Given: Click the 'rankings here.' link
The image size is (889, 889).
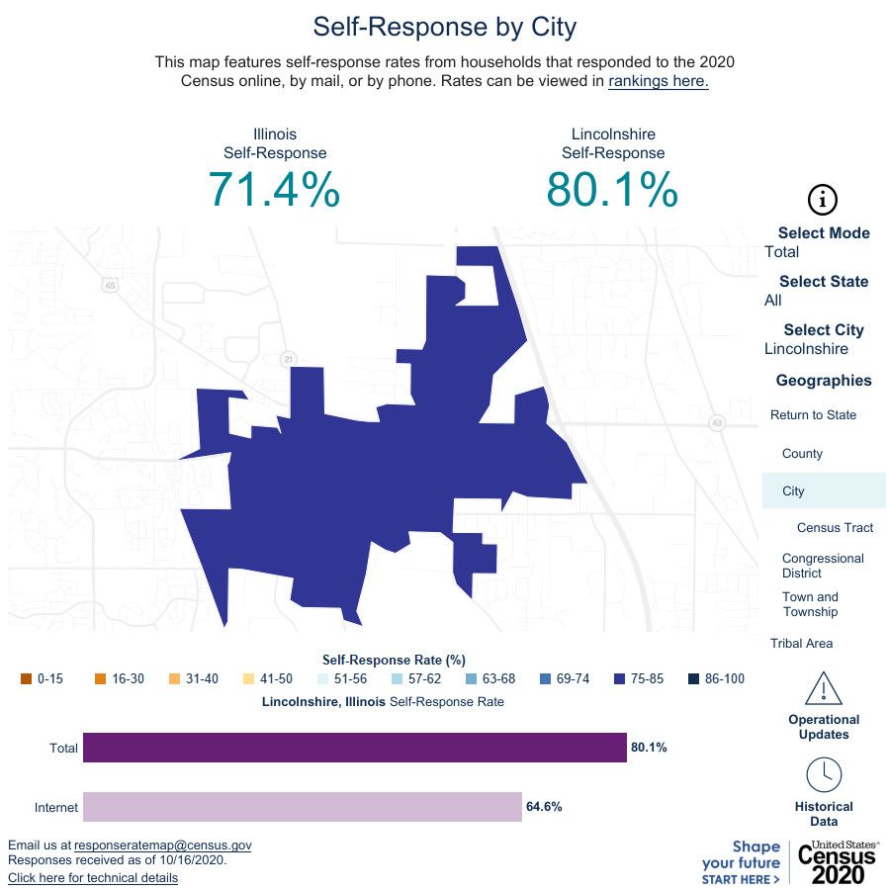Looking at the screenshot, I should (x=658, y=81).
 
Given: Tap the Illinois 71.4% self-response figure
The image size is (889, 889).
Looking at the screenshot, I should (x=275, y=189).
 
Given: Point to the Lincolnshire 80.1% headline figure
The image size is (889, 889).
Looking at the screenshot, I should (x=612, y=189).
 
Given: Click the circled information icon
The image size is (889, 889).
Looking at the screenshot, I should (x=823, y=199).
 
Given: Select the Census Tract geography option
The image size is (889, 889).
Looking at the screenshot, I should (x=835, y=528).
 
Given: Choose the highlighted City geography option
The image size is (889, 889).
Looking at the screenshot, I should (x=793, y=491).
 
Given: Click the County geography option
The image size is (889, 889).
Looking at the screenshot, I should (x=802, y=454).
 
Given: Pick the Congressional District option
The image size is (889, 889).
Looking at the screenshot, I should (x=822, y=566).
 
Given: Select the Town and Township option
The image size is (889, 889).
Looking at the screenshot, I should (x=810, y=604).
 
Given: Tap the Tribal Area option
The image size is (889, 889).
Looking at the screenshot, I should (x=801, y=644).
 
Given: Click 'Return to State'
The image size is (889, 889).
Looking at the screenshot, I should (x=813, y=415).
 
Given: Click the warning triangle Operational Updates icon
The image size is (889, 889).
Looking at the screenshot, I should (x=823, y=688).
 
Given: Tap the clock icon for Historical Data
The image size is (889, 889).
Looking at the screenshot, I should (x=823, y=773).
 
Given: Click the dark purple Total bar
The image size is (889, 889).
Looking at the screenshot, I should (x=354, y=748).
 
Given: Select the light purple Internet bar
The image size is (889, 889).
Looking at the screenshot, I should (x=302, y=807).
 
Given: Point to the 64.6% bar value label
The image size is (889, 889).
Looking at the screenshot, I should (x=544, y=807).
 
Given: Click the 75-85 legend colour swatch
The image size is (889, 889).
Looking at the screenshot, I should (x=620, y=679).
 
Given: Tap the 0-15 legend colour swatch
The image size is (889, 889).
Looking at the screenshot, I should (x=27, y=679).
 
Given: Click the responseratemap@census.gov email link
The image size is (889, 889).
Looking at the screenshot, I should (x=163, y=845).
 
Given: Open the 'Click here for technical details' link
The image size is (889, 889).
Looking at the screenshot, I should (x=93, y=878).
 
